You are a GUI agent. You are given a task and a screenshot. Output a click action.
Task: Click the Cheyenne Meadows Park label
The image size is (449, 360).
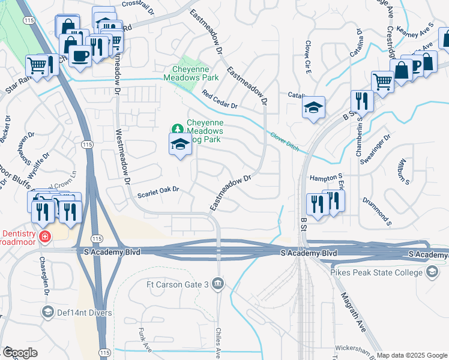tap(191, 73)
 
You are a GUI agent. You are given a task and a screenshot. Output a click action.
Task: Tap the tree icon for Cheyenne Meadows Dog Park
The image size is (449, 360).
tap(177, 128)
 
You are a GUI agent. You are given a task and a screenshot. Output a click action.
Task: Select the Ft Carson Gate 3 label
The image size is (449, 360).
tap(179, 283)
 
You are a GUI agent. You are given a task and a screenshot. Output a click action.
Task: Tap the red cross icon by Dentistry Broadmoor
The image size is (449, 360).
tap(44, 238)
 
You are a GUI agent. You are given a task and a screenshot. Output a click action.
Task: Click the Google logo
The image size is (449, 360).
tap(19, 352)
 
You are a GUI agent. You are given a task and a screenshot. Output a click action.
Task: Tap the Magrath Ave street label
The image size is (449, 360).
tap(353, 313)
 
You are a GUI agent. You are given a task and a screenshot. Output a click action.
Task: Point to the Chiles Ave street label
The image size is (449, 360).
tap(219, 340)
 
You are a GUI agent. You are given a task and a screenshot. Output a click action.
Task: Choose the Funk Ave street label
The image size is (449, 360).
tap(142, 338)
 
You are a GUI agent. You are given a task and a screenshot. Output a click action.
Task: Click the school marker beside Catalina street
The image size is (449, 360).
tap(313, 108)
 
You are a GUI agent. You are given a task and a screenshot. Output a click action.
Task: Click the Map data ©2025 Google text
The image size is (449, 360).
tap(411, 355)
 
